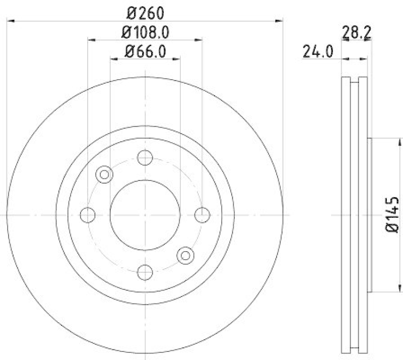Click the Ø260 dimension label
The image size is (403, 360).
pyautogui.click(x=145, y=11)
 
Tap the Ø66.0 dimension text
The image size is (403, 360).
pyautogui.click(x=145, y=51)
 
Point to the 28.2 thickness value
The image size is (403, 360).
pyautogui.click(x=354, y=34)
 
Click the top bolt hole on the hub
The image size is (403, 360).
pyautogui.click(x=145, y=158)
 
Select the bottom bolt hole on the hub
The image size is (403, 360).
pyautogui.click(x=145, y=272)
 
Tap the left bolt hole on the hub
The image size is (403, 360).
pyautogui.click(x=88, y=215)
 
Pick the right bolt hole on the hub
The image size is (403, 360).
pyautogui.click(x=202, y=215)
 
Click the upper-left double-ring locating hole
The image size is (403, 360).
pyautogui.click(x=105, y=174)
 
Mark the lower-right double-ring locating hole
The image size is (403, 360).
pyautogui.click(x=185, y=255)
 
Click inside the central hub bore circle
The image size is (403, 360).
pyautogui.click(x=145, y=215)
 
